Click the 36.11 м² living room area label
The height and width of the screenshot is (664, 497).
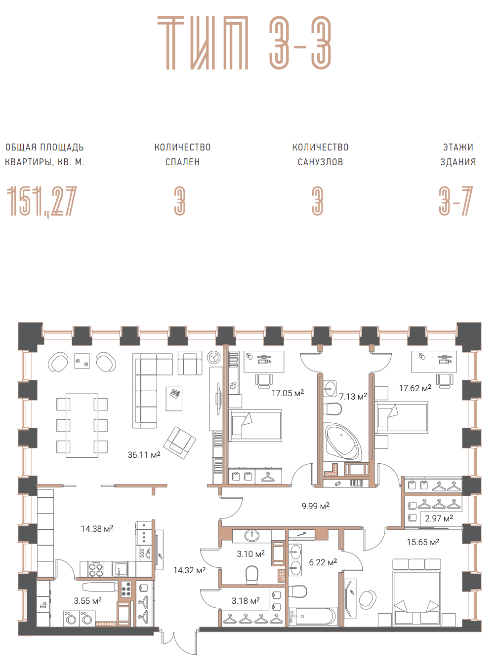(x=144, y=455)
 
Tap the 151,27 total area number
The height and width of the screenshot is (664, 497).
(x=41, y=201)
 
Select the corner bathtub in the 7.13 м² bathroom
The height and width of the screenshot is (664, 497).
(x=342, y=442)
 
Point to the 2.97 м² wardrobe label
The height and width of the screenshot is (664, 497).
(x=439, y=518)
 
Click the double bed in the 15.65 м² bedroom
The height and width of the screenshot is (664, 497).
(x=416, y=598)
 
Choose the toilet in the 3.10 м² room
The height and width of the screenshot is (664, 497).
(x=251, y=575)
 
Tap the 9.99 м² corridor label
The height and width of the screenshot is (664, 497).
(x=315, y=506)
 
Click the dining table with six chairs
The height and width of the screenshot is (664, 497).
(x=82, y=425)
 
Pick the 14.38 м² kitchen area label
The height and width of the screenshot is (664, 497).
(x=97, y=528)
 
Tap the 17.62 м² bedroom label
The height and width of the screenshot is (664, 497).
(x=415, y=388)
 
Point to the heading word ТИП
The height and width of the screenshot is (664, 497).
(x=203, y=42)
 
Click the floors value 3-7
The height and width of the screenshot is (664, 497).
(x=456, y=201)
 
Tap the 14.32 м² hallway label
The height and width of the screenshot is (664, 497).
(x=190, y=570)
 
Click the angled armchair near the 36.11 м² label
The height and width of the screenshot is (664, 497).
(x=179, y=443)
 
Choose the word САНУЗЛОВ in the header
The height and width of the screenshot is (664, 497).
(x=320, y=162)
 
